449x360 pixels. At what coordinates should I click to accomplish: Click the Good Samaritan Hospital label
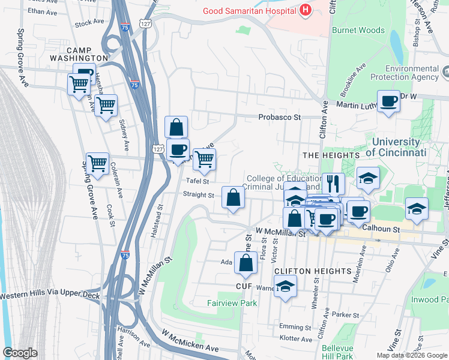[251, 10]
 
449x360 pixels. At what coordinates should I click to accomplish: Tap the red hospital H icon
[306, 10]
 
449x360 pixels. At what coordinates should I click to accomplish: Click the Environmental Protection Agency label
[412, 73]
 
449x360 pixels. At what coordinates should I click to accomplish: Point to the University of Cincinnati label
[396, 147]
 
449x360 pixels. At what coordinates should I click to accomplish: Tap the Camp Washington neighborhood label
[86, 54]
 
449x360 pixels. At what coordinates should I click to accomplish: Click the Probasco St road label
[279, 118]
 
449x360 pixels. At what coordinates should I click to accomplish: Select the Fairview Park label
[233, 303]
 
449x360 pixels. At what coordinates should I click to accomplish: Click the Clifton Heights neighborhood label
[313, 271]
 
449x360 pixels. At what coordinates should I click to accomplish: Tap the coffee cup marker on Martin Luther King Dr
[388, 101]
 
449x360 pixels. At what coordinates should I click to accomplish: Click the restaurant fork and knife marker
[333, 183]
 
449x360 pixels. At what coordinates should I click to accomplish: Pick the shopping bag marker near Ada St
[246, 262]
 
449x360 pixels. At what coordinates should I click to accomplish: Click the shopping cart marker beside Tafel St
[204, 159]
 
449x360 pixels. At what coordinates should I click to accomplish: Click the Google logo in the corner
[20, 353]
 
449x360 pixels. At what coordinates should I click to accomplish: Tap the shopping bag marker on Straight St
[233, 197]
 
